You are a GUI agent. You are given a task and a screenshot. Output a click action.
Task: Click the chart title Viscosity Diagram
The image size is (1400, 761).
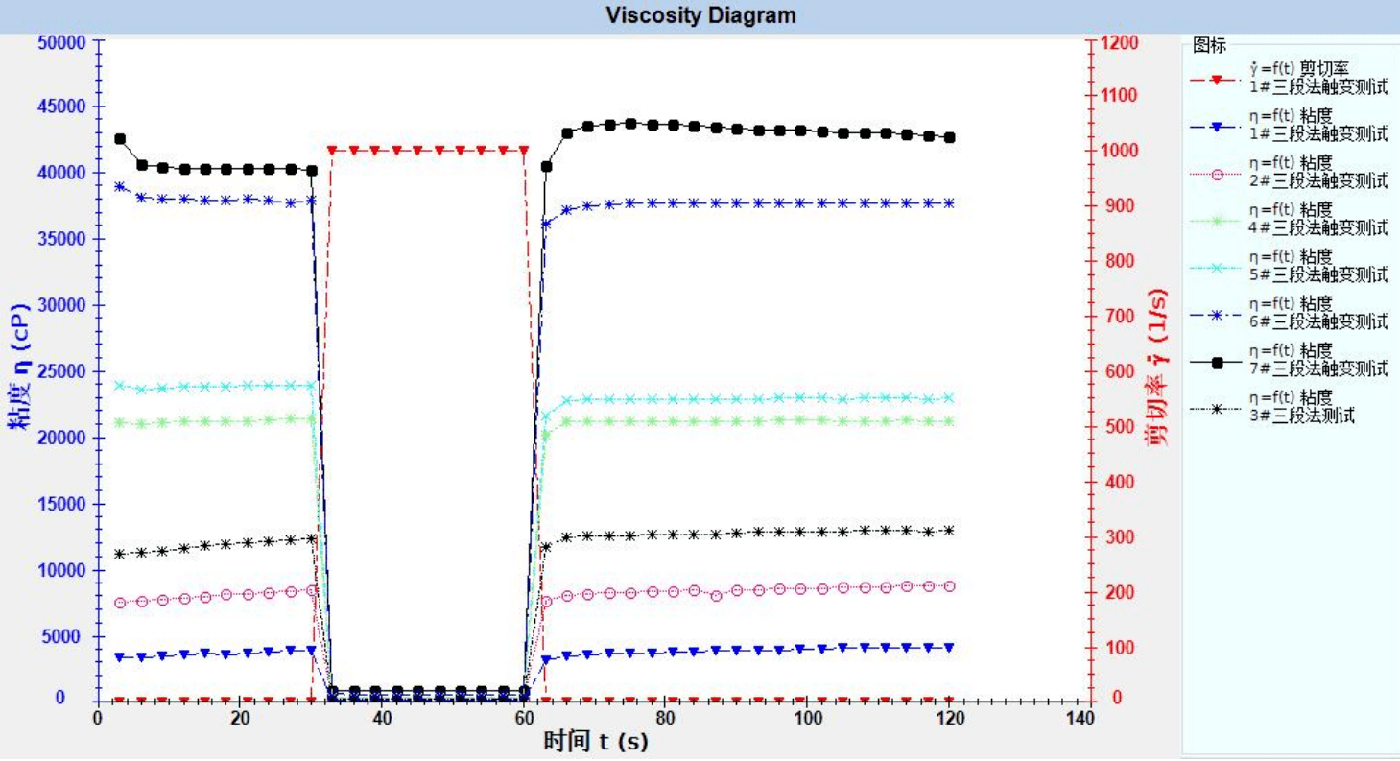(700, 15)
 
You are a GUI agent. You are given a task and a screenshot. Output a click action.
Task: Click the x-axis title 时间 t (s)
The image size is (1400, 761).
(588, 742)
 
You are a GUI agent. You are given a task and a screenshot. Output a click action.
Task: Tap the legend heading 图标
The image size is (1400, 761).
(1206, 45)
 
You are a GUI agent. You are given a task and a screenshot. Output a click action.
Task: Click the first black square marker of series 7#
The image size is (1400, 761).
(120, 139)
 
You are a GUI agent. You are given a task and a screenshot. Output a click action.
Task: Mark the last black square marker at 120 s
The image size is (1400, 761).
(950, 137)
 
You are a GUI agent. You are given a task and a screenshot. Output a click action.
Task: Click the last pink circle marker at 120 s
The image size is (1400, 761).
(950, 586)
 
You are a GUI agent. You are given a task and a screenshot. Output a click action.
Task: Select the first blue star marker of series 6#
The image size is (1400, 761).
(120, 186)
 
